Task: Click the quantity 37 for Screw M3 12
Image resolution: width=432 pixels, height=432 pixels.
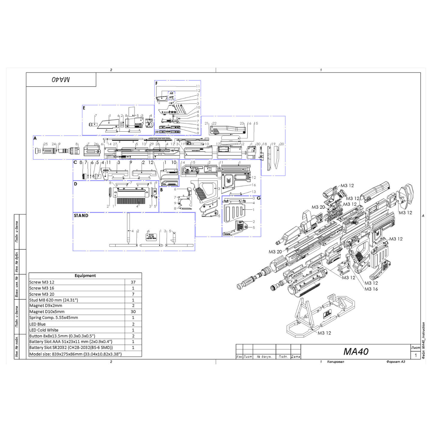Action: [x=133, y=282]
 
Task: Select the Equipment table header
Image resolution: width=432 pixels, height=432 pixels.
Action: [x=85, y=276]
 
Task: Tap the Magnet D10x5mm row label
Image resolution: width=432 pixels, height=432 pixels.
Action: [x=47, y=312]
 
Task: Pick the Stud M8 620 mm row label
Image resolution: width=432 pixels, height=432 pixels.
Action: [x=53, y=300]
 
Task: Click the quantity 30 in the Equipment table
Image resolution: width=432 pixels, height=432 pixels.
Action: [x=133, y=312]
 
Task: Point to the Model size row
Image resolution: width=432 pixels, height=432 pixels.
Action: [x=75, y=354]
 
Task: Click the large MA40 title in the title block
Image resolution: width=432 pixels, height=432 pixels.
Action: [x=355, y=351]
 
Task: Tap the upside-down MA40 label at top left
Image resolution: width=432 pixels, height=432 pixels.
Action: [x=61, y=79]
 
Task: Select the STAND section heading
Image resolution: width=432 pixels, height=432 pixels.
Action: [x=81, y=215]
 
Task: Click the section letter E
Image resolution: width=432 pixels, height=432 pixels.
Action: [x=84, y=108]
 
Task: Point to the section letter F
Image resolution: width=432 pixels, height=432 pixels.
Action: [x=156, y=83]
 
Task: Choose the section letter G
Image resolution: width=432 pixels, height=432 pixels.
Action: [x=258, y=198]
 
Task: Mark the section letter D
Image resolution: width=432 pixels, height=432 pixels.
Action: [x=75, y=184]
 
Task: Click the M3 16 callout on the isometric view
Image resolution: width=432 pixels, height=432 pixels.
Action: [x=371, y=289]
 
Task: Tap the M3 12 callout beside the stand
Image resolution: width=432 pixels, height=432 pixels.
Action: [x=324, y=333]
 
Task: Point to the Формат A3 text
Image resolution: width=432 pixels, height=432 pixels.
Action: [x=396, y=361]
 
